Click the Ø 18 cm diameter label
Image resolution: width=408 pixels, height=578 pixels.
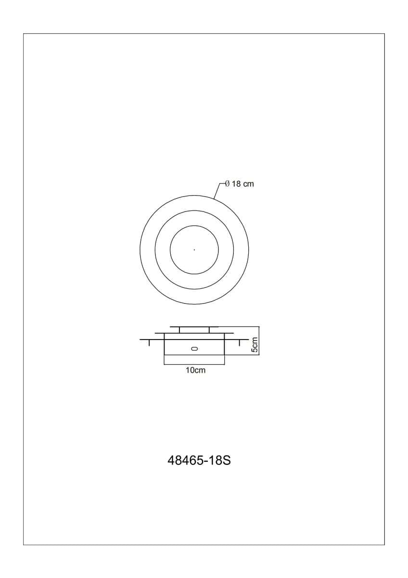tap(240, 184)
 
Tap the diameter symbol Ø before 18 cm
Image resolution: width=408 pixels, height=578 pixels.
tap(227, 184)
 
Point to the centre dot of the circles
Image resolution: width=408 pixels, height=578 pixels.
tap(194, 250)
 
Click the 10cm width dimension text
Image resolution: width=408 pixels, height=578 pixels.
tap(196, 370)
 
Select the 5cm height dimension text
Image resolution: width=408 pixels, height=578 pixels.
tap(255, 344)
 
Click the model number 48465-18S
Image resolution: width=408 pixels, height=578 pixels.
tap(199, 460)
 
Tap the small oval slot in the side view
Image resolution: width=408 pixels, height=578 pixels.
tap(194, 349)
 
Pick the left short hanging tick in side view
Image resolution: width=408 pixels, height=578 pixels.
tap(149, 342)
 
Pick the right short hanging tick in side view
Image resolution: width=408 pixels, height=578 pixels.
tap(240, 342)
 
